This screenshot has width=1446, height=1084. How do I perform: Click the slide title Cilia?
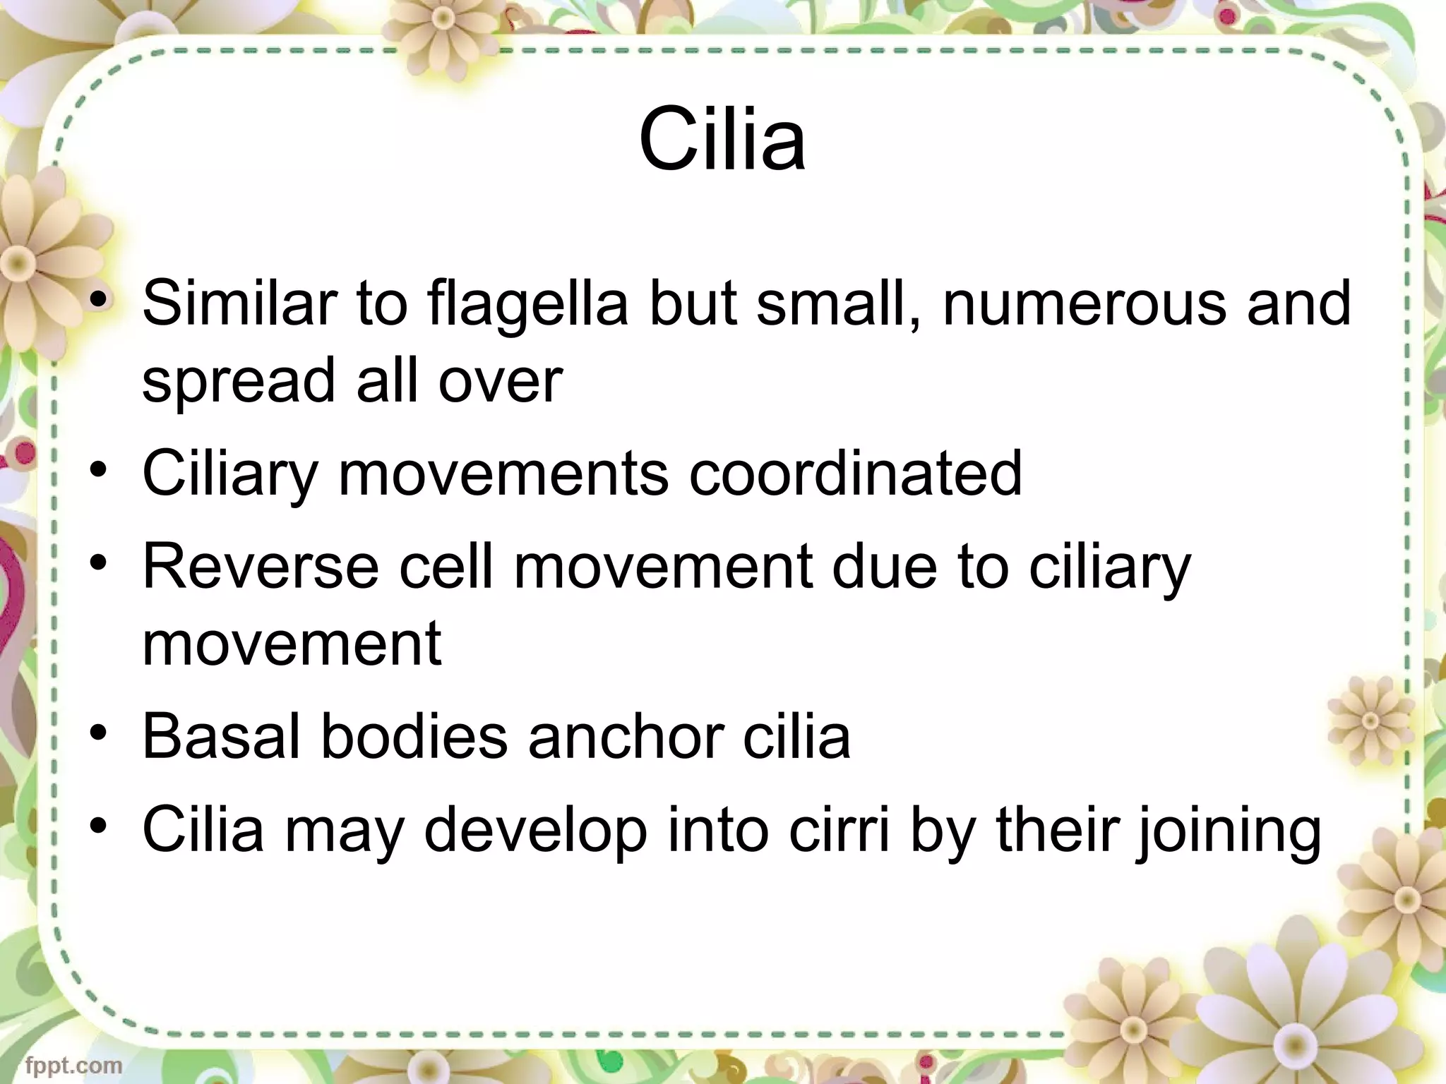point(722,139)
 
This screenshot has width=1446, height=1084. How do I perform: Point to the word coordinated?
point(855,474)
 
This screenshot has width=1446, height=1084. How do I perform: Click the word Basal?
point(222,737)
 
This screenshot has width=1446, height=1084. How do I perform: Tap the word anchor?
point(624,737)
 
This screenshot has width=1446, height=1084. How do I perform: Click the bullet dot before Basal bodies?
point(100,734)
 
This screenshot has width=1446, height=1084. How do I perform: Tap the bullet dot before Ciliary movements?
point(100,471)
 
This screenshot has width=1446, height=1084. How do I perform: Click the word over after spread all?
point(500,381)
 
